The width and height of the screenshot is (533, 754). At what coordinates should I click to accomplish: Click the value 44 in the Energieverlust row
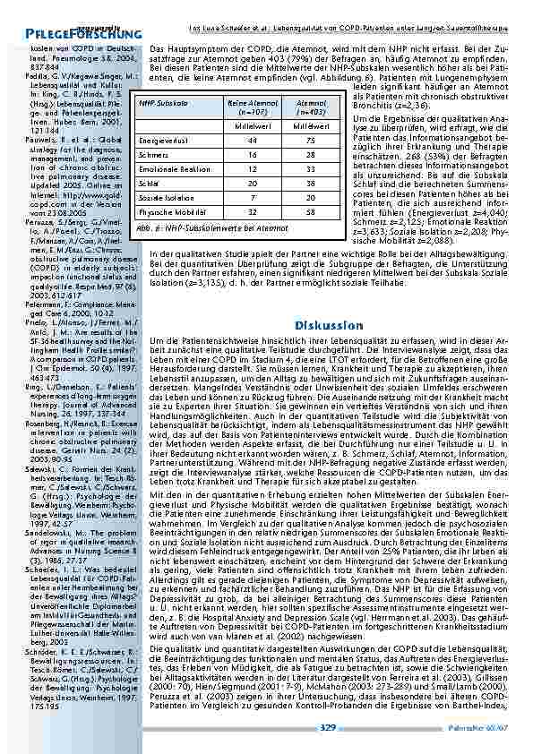[x=228, y=141]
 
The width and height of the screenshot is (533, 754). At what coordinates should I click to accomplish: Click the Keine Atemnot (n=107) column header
[x=228, y=108]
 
